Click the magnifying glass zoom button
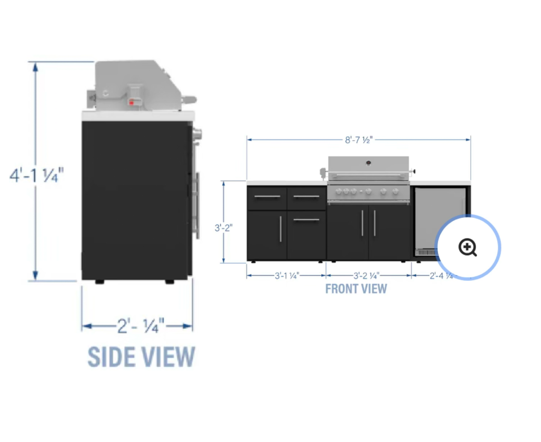468,247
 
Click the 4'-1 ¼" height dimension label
36,174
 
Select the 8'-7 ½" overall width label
359,140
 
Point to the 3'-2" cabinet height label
224,228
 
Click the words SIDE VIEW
141,357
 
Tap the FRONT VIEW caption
356,289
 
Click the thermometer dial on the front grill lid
368,162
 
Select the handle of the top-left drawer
267,197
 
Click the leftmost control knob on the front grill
338,191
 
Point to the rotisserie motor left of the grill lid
321,172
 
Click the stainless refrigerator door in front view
433,216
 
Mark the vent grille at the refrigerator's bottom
426,253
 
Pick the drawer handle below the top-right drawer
306,219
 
